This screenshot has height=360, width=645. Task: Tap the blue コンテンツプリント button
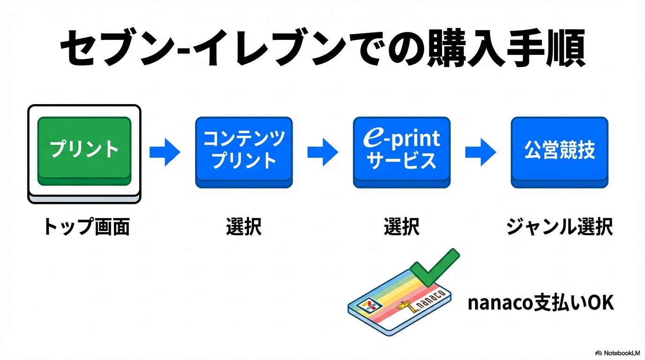244,151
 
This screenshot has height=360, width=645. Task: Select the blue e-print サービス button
402,151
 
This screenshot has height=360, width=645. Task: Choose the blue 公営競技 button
560,151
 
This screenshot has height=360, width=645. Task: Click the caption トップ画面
86,227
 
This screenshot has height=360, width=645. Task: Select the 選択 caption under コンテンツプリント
244,227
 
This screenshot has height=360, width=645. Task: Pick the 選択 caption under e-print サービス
402,227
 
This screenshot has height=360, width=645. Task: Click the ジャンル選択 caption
560,227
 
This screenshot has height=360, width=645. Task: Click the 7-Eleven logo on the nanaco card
369,305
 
